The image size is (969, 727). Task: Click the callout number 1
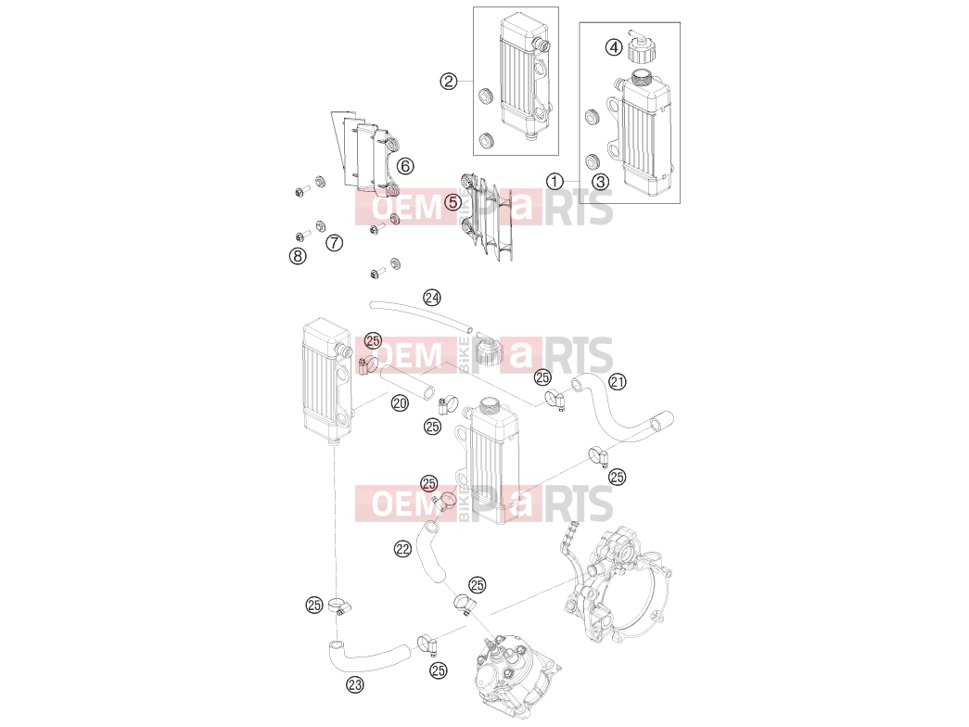pos(555,181)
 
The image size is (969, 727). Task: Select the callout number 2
pos(449,81)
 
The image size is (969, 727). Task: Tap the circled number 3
pos(600,181)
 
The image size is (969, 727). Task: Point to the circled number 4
pos(613,47)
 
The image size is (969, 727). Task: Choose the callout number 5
pos(453,202)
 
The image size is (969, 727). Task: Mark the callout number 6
pos(405,166)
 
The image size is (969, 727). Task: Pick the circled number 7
pos(335,242)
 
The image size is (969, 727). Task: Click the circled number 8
pos(298,255)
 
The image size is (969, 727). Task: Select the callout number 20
pos(400,403)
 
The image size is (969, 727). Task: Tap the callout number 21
pos(618,382)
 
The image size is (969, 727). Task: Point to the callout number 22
pos(403,548)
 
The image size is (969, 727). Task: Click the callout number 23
pos(355,684)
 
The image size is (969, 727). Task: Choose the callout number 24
pos(432,298)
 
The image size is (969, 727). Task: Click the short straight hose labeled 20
pos(407,383)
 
